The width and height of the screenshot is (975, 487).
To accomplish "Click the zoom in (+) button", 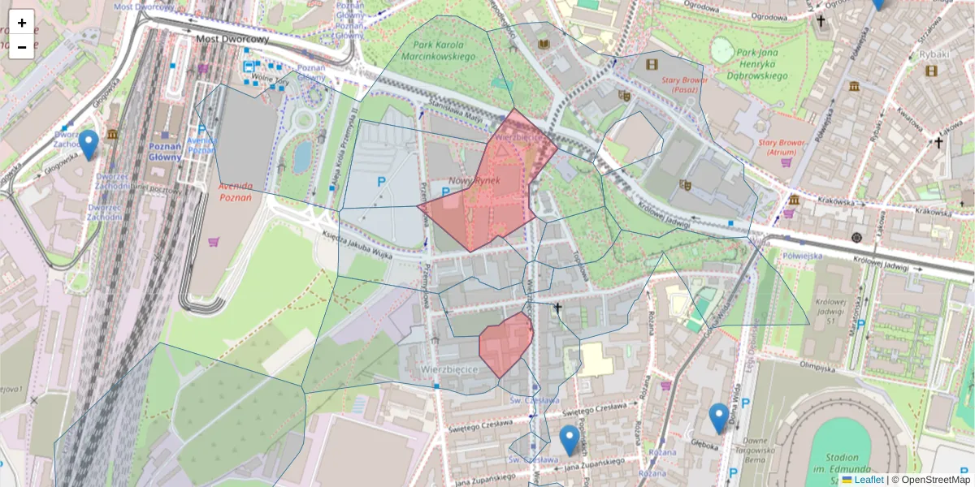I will tap(21, 22).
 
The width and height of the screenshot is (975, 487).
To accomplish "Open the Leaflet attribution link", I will tap(868, 480).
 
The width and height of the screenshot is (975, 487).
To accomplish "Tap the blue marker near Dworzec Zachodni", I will tap(89, 144).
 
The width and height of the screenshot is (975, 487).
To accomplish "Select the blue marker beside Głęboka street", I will tap(718, 418).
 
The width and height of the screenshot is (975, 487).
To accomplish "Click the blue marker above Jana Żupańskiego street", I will tap(570, 440).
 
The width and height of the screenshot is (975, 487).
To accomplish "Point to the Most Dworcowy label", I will tap(232, 38).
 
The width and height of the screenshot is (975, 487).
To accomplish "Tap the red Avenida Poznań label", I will tap(235, 191).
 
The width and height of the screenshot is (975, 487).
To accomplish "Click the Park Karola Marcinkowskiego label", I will tap(443, 51).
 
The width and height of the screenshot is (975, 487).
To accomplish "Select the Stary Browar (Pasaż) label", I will tap(681, 84).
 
